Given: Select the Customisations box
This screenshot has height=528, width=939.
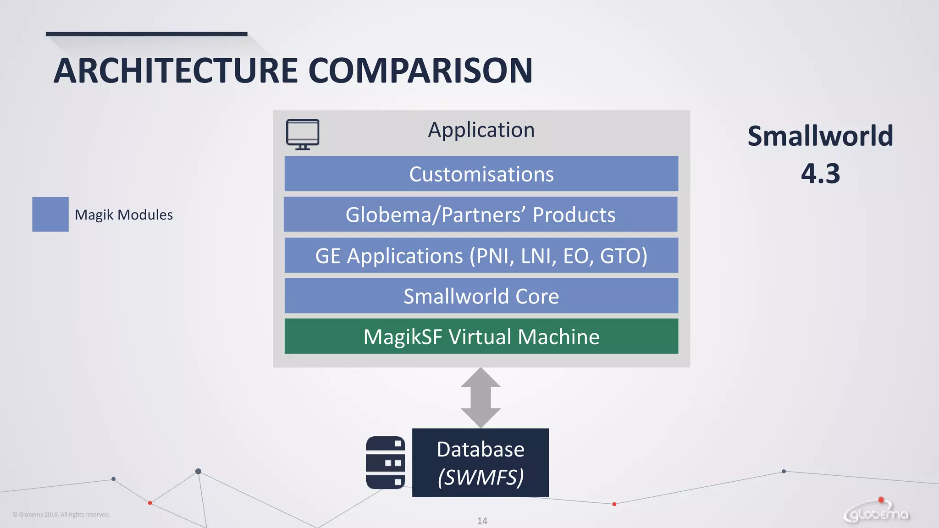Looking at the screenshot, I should click(x=481, y=174).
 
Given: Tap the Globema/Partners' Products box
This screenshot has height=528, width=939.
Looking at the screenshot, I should click(x=480, y=214).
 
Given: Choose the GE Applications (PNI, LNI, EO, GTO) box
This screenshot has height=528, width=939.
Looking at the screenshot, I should click(x=481, y=255).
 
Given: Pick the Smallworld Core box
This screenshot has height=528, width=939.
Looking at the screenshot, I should click(x=481, y=296).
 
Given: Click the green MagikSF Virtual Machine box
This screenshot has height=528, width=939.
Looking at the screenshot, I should click(x=481, y=336).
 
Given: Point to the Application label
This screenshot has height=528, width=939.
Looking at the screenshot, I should click(x=481, y=130).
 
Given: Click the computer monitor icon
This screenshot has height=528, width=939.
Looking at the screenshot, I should click(x=303, y=134).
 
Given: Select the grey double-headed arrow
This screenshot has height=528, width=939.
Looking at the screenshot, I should click(x=481, y=397).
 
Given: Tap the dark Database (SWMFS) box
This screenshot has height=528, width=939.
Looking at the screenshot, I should click(x=481, y=462).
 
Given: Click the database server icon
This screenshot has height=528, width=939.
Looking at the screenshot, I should click(x=385, y=462).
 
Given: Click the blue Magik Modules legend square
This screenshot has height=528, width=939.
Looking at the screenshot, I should click(x=50, y=214).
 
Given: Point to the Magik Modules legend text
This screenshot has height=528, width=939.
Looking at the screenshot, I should click(x=124, y=214).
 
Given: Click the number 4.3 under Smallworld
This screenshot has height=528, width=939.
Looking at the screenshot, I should click(x=820, y=174).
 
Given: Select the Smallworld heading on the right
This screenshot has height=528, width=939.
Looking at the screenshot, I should click(x=820, y=136).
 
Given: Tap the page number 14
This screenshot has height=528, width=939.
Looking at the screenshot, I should click(x=482, y=521).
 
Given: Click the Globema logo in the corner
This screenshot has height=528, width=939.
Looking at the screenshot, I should click(x=877, y=512).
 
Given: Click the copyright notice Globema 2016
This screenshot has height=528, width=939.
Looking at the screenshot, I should click(x=61, y=514).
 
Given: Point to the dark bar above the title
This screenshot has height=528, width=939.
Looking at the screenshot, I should click(x=146, y=34).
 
